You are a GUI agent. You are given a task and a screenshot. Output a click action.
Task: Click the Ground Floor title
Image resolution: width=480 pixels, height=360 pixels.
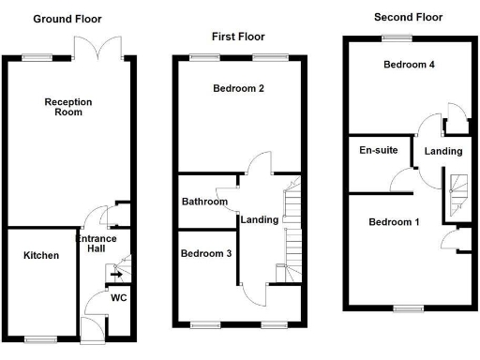point(67,19)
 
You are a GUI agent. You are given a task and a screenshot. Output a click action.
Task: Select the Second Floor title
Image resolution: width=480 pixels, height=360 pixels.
point(408,17)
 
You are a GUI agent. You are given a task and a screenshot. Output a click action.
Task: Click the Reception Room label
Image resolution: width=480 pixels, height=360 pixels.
point(64,106)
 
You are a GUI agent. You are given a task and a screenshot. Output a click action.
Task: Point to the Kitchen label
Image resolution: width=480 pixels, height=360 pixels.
point(41,256)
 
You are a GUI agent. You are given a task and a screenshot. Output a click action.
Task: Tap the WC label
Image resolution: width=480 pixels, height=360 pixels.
point(119,297)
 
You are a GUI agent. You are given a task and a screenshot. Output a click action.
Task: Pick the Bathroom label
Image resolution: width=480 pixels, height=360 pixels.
point(205,202)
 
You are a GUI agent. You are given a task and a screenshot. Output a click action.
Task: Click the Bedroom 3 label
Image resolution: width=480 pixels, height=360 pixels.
point(206,254)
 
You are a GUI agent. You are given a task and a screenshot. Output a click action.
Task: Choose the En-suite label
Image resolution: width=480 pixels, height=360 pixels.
point(373,150)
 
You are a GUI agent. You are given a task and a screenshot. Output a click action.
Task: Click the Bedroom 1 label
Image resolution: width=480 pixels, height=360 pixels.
point(394,222)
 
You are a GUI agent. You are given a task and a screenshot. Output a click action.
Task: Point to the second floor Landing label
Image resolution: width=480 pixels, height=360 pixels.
point(442,151)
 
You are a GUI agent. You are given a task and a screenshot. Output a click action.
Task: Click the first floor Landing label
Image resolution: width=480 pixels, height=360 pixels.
point(259,220)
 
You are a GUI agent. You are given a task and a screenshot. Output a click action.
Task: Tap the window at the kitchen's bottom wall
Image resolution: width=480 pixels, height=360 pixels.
point(39,338)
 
